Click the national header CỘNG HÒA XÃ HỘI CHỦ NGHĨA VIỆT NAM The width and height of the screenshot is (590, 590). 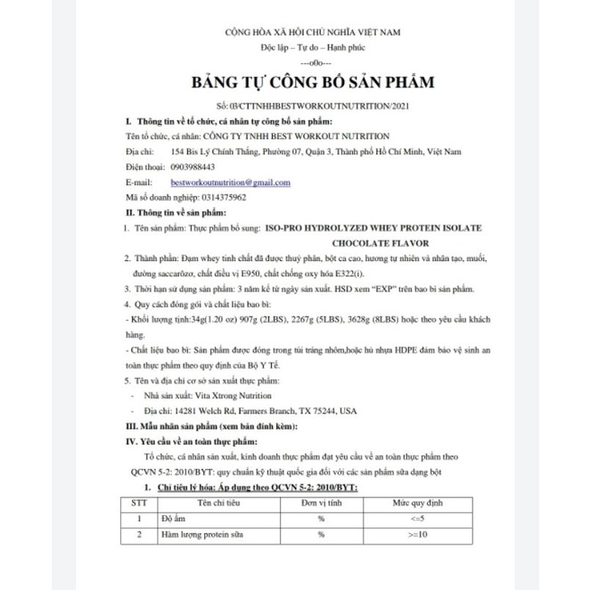pyautogui.click(x=313, y=32)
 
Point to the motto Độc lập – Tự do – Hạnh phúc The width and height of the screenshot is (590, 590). pyautogui.click(x=313, y=48)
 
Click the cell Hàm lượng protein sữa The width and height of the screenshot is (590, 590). pyautogui.click(x=206, y=535)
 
